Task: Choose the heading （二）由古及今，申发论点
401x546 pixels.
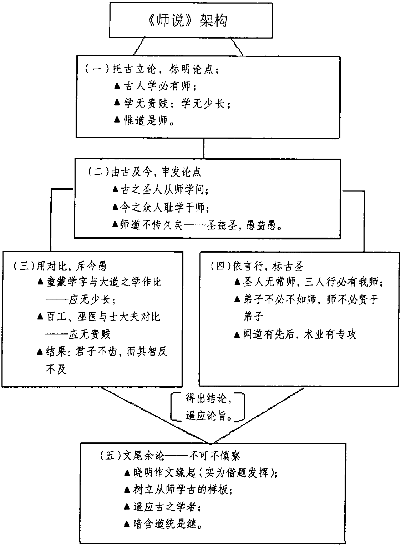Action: pos(144,172)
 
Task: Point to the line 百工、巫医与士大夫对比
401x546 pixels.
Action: pos(103,317)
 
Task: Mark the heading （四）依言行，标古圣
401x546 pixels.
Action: pos(257,266)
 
